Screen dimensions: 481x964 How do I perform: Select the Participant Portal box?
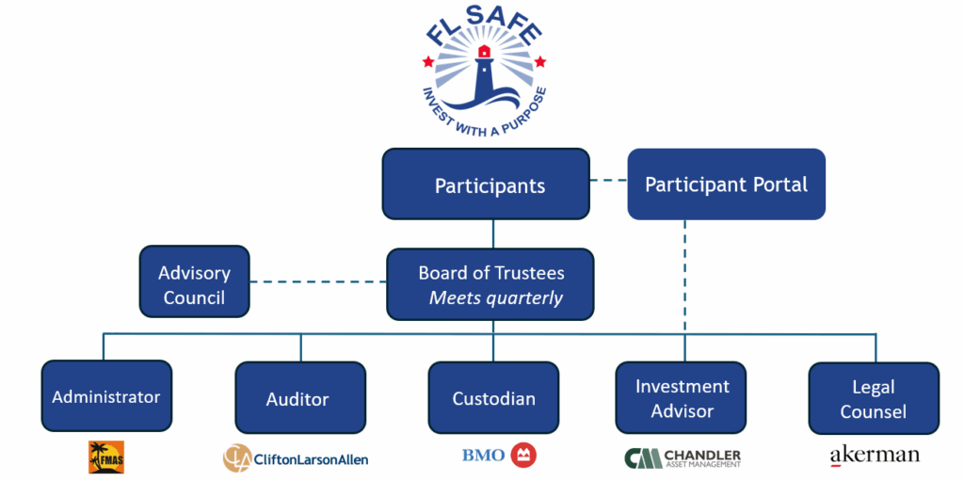(726, 184)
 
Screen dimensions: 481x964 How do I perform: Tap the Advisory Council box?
(194, 284)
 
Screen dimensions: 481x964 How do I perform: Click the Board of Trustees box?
(490, 284)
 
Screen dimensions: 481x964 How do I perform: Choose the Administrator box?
(106, 396)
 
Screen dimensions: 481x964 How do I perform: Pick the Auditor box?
(297, 398)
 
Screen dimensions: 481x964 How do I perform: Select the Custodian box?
(493, 397)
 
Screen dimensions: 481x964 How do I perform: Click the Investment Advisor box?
(681, 398)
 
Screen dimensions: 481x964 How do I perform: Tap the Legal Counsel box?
(874, 398)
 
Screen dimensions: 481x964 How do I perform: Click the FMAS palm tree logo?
(106, 457)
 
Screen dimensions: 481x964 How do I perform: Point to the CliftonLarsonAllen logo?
(296, 458)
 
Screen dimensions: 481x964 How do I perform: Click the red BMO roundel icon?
(523, 457)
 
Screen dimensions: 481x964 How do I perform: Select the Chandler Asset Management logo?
(683, 457)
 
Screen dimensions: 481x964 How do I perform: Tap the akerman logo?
(874, 456)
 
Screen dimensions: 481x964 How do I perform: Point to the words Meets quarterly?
(495, 298)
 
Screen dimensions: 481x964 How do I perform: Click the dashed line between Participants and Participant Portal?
(608, 180)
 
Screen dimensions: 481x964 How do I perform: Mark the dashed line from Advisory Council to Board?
(318, 281)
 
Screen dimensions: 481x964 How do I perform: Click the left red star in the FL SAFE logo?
(428, 62)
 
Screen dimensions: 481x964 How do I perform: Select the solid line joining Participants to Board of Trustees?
(493, 233)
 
